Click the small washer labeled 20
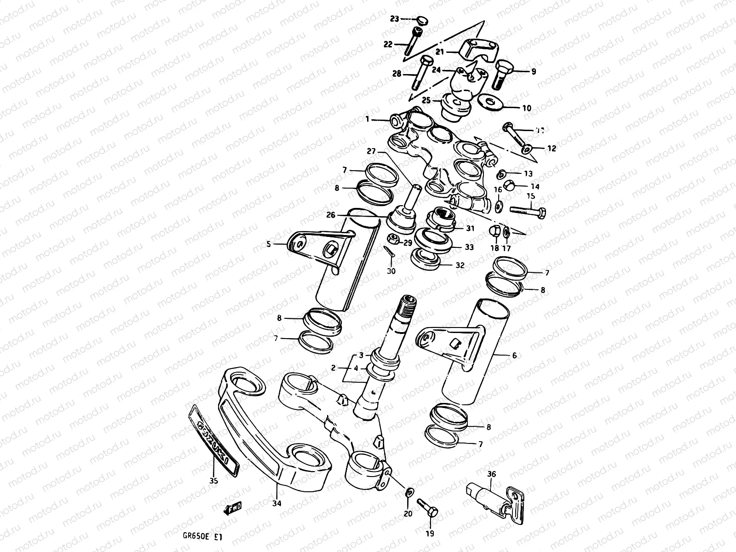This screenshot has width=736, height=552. pos(408,492)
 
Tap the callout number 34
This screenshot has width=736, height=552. pos(276,503)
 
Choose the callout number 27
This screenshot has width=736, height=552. pos(372,150)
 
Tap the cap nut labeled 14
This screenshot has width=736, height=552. pos(508,185)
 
